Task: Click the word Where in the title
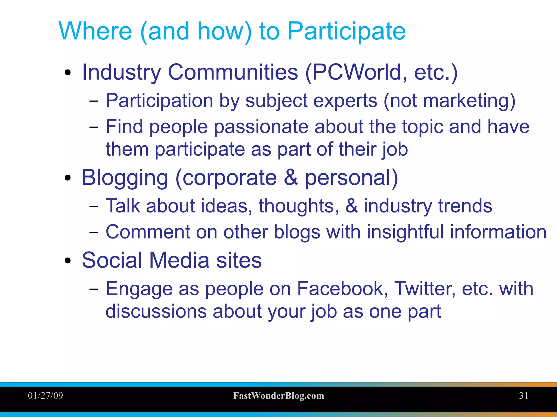(95, 31)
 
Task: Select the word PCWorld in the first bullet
(356, 72)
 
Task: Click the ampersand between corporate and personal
(291, 177)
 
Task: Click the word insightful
(405, 232)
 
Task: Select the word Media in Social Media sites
(179, 260)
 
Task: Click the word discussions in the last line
(156, 311)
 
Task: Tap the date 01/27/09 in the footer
(45, 396)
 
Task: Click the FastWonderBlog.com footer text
(278, 396)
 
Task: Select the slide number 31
(524, 396)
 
